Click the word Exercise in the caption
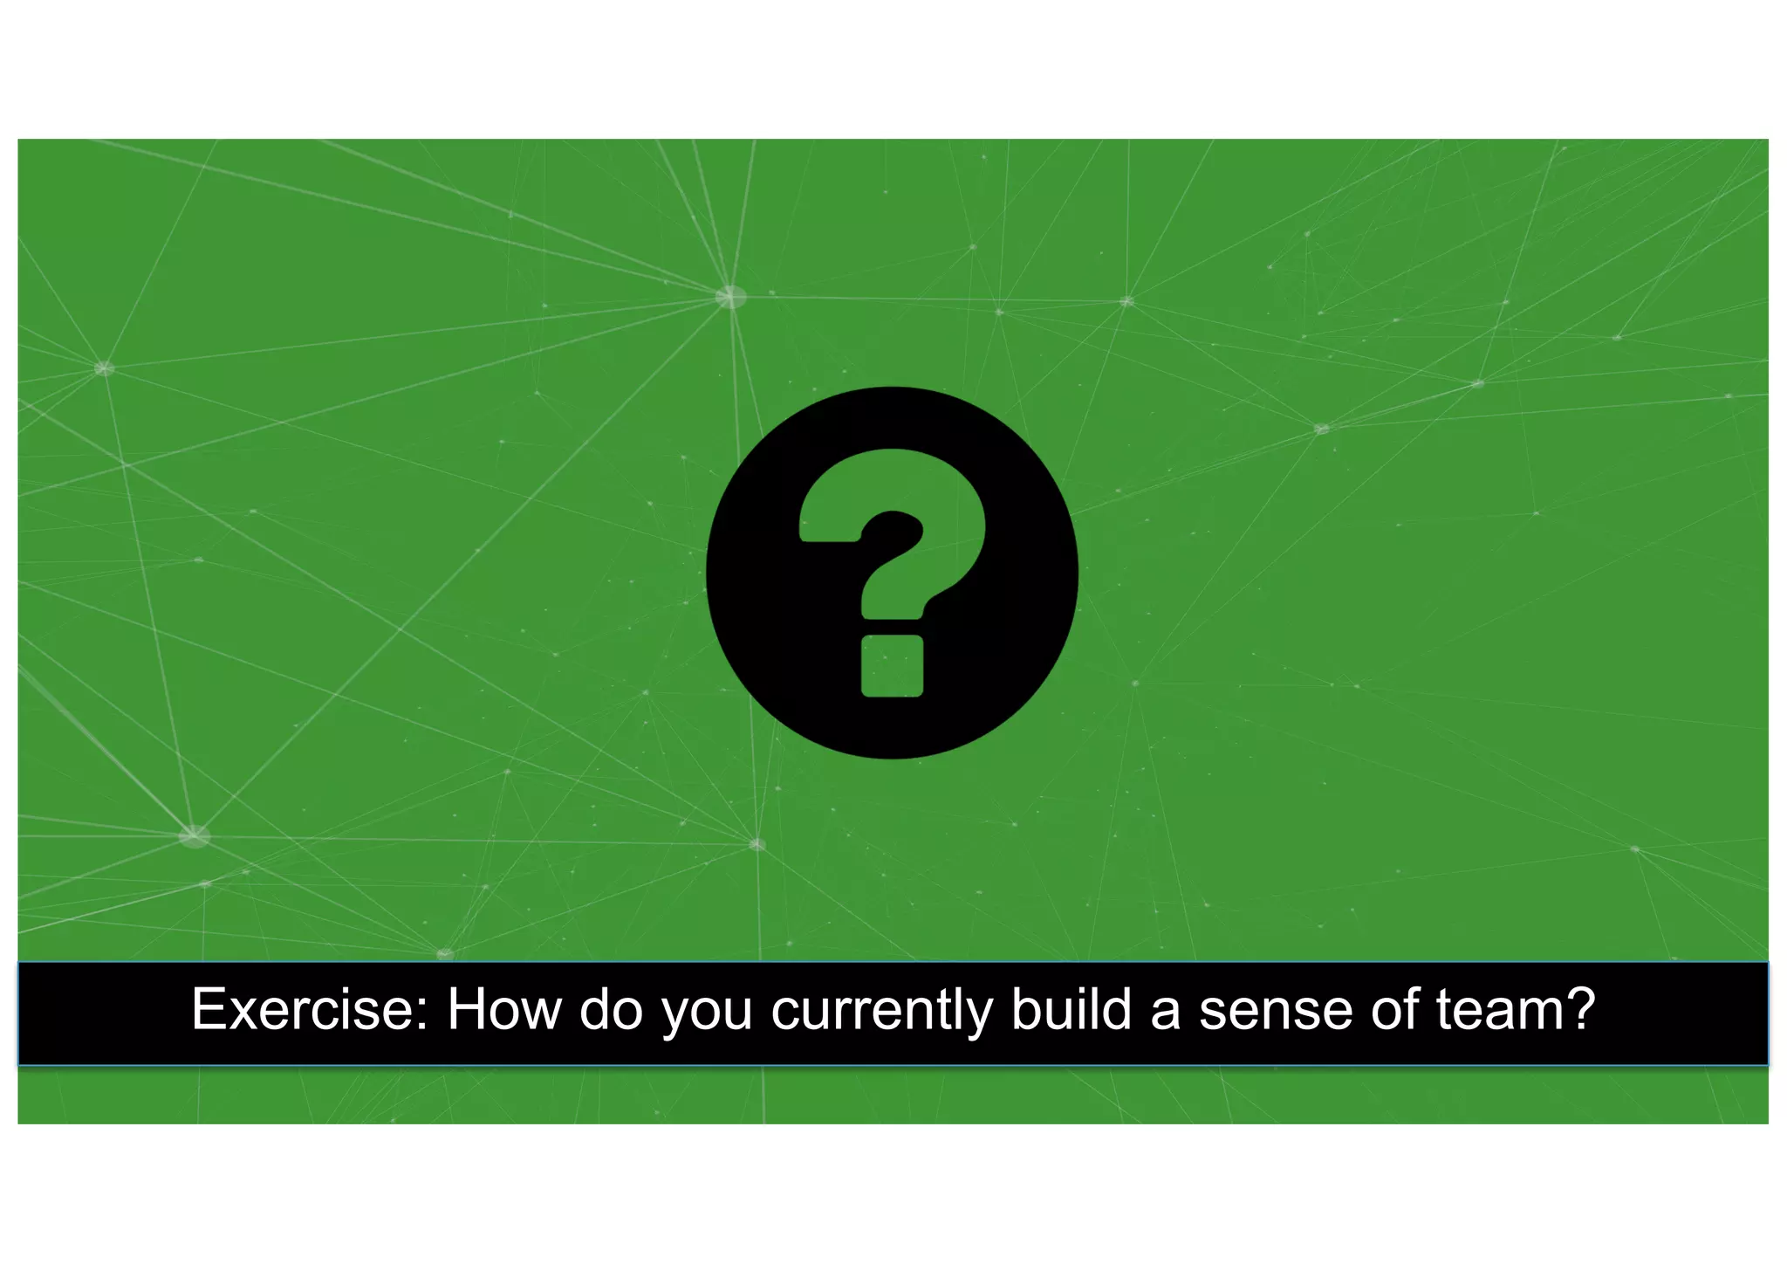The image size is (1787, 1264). [x=302, y=1010]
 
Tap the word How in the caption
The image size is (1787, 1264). [x=503, y=1010]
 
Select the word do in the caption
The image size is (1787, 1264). [x=611, y=1010]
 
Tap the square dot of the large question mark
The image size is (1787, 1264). [x=892, y=666]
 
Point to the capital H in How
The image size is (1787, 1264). [x=468, y=1010]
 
